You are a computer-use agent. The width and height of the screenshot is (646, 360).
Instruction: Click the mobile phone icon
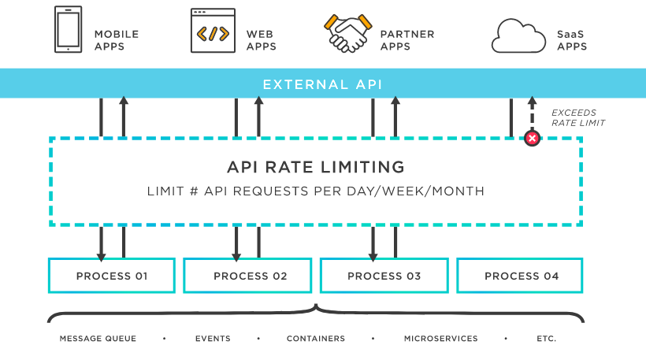pyautogui.click(x=68, y=30)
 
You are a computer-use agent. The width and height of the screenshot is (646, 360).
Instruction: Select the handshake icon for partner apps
pyautogui.click(x=348, y=32)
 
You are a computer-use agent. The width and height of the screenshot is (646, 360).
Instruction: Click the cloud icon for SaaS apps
pyautogui.click(x=518, y=35)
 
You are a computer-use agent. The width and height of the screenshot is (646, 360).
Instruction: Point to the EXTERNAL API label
pyautogui.click(x=322, y=84)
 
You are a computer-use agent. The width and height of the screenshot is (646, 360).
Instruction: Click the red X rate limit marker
pyautogui.click(x=532, y=139)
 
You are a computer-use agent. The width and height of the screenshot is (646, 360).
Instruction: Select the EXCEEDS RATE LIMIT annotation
pyautogui.click(x=577, y=117)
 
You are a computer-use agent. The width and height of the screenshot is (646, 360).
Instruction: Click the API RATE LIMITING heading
pyautogui.click(x=315, y=167)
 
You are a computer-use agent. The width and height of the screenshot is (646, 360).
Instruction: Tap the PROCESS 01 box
pyautogui.click(x=111, y=276)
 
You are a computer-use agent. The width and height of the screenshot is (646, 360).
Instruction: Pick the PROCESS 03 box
pyautogui.click(x=384, y=276)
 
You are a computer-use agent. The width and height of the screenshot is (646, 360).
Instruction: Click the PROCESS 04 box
pyautogui.click(x=520, y=276)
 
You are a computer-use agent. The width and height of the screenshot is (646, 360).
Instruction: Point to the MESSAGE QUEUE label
pyautogui.click(x=98, y=339)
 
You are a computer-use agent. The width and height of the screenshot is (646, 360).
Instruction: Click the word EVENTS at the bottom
pyautogui.click(x=213, y=339)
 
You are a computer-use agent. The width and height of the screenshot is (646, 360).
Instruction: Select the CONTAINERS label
pyautogui.click(x=315, y=339)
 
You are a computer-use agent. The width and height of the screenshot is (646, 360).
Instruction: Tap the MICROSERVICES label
pyautogui.click(x=440, y=339)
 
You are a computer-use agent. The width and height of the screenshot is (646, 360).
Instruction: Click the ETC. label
pyautogui.click(x=547, y=339)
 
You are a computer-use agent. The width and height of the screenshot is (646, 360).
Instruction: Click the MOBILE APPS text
pyautogui.click(x=117, y=40)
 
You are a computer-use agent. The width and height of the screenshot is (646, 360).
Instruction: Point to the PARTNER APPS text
pyautogui.click(x=407, y=40)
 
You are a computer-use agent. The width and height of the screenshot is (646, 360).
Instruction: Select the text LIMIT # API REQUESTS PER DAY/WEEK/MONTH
pyautogui.click(x=315, y=191)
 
